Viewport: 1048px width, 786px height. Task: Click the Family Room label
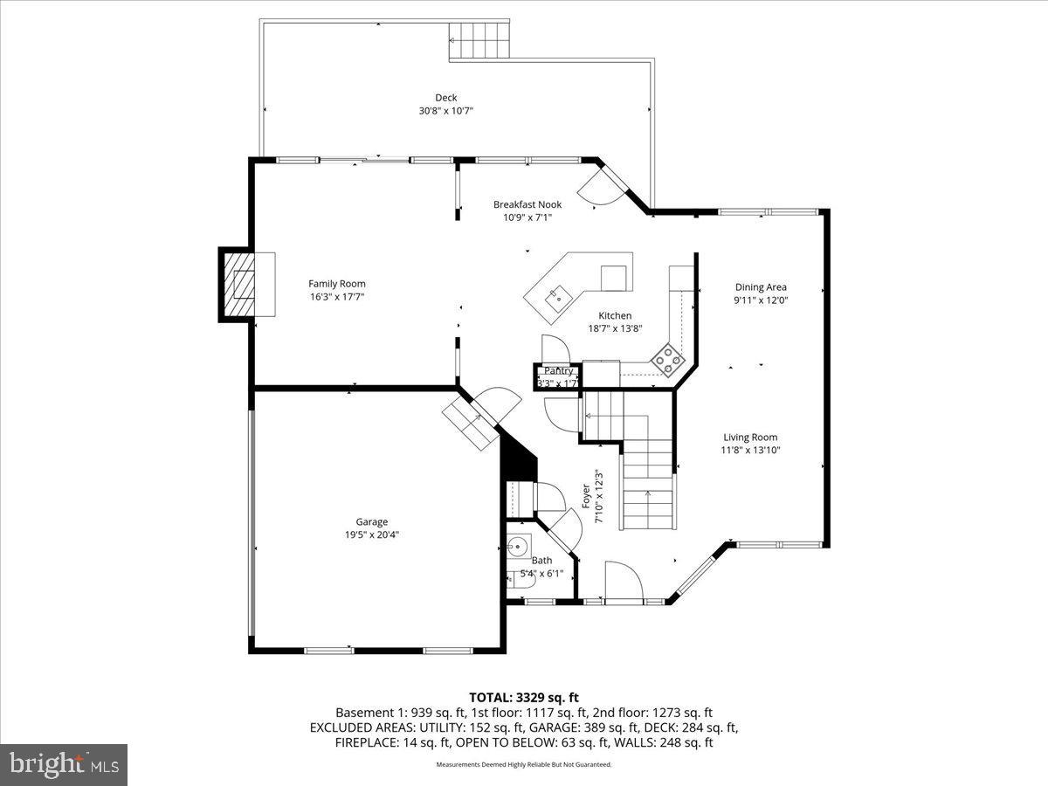tap(336, 283)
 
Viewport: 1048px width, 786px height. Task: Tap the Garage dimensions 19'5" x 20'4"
tap(371, 535)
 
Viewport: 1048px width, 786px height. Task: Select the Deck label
tap(445, 98)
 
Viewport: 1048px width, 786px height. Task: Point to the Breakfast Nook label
tap(527, 204)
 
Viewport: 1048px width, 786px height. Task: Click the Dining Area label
tap(760, 286)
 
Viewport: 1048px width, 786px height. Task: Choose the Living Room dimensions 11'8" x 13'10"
tap(749, 451)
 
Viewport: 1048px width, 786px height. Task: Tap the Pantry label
tap(558, 371)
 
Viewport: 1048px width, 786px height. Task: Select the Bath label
tap(541, 561)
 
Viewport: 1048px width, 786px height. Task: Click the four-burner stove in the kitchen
tap(668, 360)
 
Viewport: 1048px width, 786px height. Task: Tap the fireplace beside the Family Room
tap(242, 284)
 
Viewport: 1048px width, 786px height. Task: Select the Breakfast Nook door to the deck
tap(599, 187)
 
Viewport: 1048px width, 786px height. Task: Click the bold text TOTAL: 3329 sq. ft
tap(524, 697)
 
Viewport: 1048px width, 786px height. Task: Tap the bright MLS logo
tap(64, 765)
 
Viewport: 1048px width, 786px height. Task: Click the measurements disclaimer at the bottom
tap(524, 764)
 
